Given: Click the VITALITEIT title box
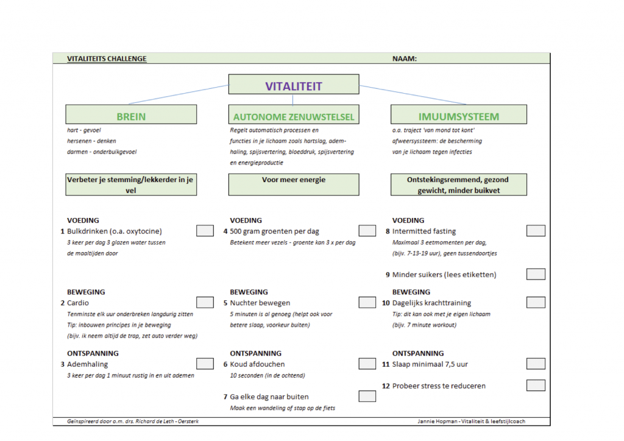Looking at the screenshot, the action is coord(294,84).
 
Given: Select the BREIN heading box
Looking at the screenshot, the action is coord(131,115).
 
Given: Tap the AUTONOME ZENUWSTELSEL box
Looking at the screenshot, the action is coord(294,115).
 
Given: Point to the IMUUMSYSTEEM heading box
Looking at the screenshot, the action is coord(458,115).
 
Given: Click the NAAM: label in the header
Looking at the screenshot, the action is coord(405,59).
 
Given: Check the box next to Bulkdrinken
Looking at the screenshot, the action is coord(205,231).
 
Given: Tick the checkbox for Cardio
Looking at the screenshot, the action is coord(205,302).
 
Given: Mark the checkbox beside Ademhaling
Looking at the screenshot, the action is coord(205,364).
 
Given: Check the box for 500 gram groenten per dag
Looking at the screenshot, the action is coord(367,231).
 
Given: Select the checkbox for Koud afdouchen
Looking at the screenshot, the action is coord(367,364).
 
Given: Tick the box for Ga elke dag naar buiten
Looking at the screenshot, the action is coord(367,396).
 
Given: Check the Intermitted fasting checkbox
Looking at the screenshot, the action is coord(536,231).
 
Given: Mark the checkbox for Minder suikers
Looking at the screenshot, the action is coord(536,274).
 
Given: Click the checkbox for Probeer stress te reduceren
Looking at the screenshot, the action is coord(536,386).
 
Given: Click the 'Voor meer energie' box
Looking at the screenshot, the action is coord(294,185).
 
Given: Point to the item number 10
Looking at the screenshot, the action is coord(386,303).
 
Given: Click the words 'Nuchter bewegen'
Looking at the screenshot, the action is coord(260,303).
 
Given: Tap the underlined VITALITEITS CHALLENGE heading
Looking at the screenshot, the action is coord(107,59).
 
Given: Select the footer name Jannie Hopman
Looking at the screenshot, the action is coord(438,421).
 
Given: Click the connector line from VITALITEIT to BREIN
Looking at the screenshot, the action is coord(179,94).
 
